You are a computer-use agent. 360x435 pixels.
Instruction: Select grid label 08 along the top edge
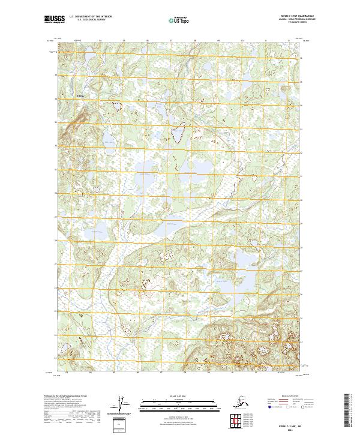(x=195, y=41)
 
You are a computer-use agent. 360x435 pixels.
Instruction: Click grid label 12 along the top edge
(x=289, y=41)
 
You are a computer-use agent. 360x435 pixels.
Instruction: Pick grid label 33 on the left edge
(x=56, y=122)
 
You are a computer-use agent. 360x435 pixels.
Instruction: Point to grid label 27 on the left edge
(x=56, y=263)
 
